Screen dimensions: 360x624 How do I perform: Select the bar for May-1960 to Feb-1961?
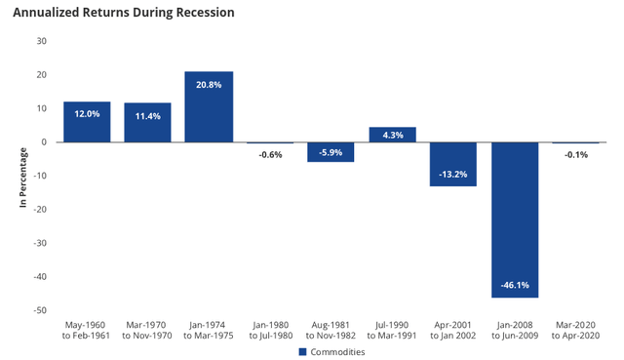pos(87,122)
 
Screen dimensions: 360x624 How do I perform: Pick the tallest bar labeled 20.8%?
pos(209,107)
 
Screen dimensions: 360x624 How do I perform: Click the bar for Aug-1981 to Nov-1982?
pos(331,152)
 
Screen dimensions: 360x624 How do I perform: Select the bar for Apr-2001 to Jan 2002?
pos(452,164)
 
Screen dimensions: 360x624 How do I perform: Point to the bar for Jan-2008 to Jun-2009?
pos(514,220)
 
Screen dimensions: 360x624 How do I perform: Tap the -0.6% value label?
pos(270,153)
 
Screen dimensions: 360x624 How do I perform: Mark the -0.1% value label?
pos(575,153)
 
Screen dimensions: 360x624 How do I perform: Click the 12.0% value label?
pos(87,113)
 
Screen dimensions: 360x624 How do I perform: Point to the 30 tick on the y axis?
pos(41,41)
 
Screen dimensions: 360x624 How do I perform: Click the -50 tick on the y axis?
pos(39,310)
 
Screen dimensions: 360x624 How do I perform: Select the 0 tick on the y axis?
pos(44,142)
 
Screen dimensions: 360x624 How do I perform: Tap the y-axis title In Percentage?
pos(21,176)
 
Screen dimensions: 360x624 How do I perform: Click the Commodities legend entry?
pos(331,351)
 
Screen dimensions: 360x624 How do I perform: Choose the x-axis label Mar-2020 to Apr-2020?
pos(575,330)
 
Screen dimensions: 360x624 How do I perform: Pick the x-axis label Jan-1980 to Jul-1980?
pos(270,330)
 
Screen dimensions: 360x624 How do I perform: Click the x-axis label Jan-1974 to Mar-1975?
pos(209,330)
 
